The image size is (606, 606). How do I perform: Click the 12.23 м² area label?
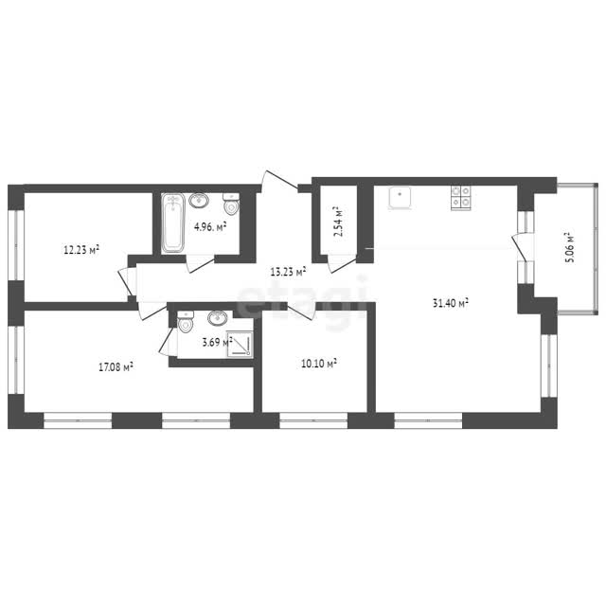point(81,250)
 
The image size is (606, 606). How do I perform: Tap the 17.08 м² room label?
point(116,366)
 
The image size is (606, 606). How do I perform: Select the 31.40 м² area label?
point(451,303)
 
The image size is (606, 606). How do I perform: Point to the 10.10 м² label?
point(318,364)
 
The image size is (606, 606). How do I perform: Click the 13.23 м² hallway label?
point(288,272)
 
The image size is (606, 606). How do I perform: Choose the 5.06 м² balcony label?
point(570,247)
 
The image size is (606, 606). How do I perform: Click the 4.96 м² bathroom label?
point(210,226)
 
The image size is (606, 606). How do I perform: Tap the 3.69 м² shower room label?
point(217,342)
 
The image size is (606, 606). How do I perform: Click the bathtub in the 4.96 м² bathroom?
point(172,223)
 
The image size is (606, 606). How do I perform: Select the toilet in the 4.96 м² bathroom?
point(231,204)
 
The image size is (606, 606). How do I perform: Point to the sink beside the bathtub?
point(199,200)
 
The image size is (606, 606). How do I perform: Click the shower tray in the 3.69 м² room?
point(240,345)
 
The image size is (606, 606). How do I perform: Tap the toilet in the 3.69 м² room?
point(186,322)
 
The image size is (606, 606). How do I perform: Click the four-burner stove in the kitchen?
point(461,198)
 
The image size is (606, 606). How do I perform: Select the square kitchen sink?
point(400,198)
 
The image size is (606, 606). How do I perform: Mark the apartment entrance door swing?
point(280,181)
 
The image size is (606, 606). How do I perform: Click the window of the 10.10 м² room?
point(313,420)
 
